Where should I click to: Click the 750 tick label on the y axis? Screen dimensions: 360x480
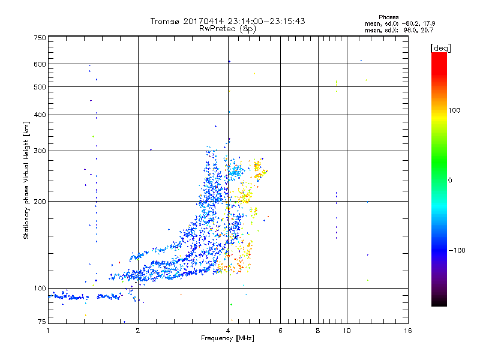(40, 37)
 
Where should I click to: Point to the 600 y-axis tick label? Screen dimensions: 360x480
(40, 64)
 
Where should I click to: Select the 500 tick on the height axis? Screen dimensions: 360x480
(40, 86)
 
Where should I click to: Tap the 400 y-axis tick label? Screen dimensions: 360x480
(40, 115)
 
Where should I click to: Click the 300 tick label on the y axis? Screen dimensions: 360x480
(40, 151)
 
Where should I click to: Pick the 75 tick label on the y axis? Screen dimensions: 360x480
(41, 323)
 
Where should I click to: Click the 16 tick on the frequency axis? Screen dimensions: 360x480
(407, 331)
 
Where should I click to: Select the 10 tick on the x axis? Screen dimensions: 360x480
(346, 331)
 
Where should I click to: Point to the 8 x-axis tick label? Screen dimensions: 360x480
(318, 331)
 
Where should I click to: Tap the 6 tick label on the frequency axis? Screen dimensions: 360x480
(280, 331)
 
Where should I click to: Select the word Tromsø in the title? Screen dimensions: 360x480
(166, 21)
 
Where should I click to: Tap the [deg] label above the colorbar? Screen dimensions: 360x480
(440, 47)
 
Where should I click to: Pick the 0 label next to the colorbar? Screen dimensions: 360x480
(450, 179)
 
